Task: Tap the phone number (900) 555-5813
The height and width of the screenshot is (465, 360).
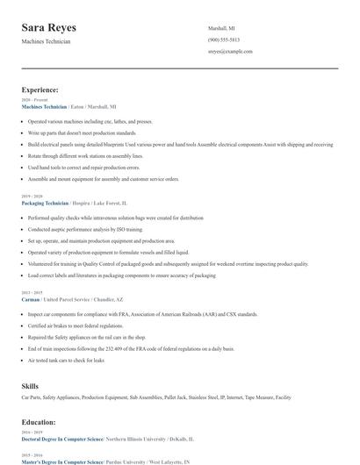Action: click(x=223, y=40)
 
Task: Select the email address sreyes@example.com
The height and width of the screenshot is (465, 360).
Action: click(x=230, y=52)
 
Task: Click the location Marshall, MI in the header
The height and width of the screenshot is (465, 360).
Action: click(x=221, y=28)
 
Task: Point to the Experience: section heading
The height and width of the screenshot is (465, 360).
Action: click(x=40, y=89)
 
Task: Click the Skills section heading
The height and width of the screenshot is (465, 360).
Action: click(x=31, y=385)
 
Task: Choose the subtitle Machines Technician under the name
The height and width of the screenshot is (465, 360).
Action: click(x=47, y=41)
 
